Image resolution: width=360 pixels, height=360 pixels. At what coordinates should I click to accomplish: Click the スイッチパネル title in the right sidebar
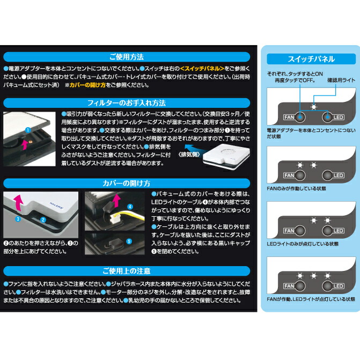(311, 59)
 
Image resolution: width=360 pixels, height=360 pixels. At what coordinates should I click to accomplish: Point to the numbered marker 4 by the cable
(129, 205)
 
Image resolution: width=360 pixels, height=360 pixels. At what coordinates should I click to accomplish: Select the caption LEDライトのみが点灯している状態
(302, 244)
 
